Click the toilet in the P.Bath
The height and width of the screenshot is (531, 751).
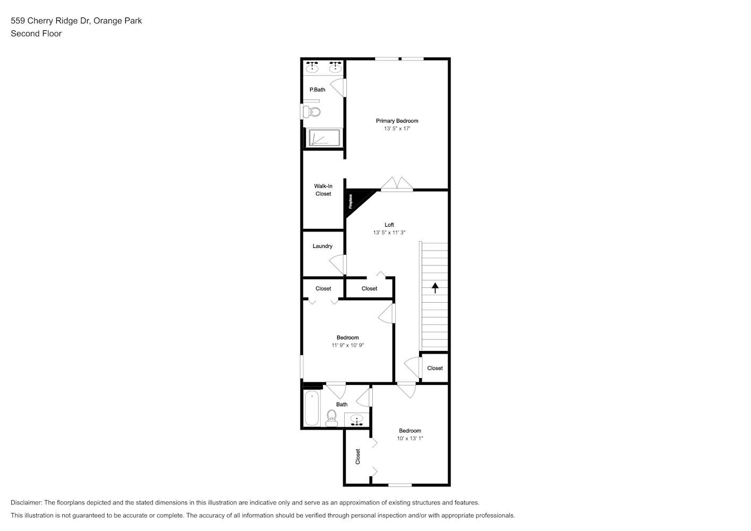pos(312,112)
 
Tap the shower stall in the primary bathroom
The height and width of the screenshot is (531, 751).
pos(324,138)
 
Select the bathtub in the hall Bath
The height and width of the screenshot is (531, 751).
pos(312,408)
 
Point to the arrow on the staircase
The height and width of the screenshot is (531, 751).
pos(435,288)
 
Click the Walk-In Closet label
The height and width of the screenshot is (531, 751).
pos(323,190)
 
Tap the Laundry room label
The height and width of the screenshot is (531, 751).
pos(322,246)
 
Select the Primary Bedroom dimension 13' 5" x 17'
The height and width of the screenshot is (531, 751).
pos(397,129)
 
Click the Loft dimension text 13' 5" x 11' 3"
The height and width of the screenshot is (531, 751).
pos(389,233)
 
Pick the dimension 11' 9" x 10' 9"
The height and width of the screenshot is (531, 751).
pos(348,345)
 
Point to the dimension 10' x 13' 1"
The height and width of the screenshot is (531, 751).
pos(410,439)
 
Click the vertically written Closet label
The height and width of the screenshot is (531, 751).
pos(358,457)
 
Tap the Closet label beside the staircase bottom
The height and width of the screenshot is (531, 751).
pos(435,368)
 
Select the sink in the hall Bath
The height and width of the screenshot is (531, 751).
pos(357,419)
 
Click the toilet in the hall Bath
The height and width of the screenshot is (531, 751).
pos(331,418)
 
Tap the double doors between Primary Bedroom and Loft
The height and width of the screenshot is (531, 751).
pos(397,184)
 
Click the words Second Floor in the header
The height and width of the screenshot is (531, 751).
pos(36,33)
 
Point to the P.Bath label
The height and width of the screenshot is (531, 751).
pos(317,90)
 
